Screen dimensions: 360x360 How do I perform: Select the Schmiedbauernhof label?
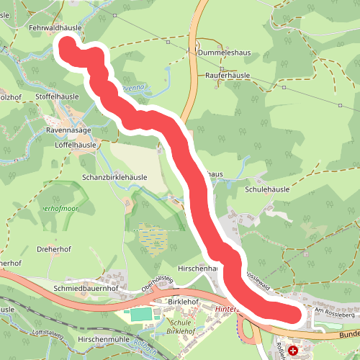pyautogui.click(x=85, y=287)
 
